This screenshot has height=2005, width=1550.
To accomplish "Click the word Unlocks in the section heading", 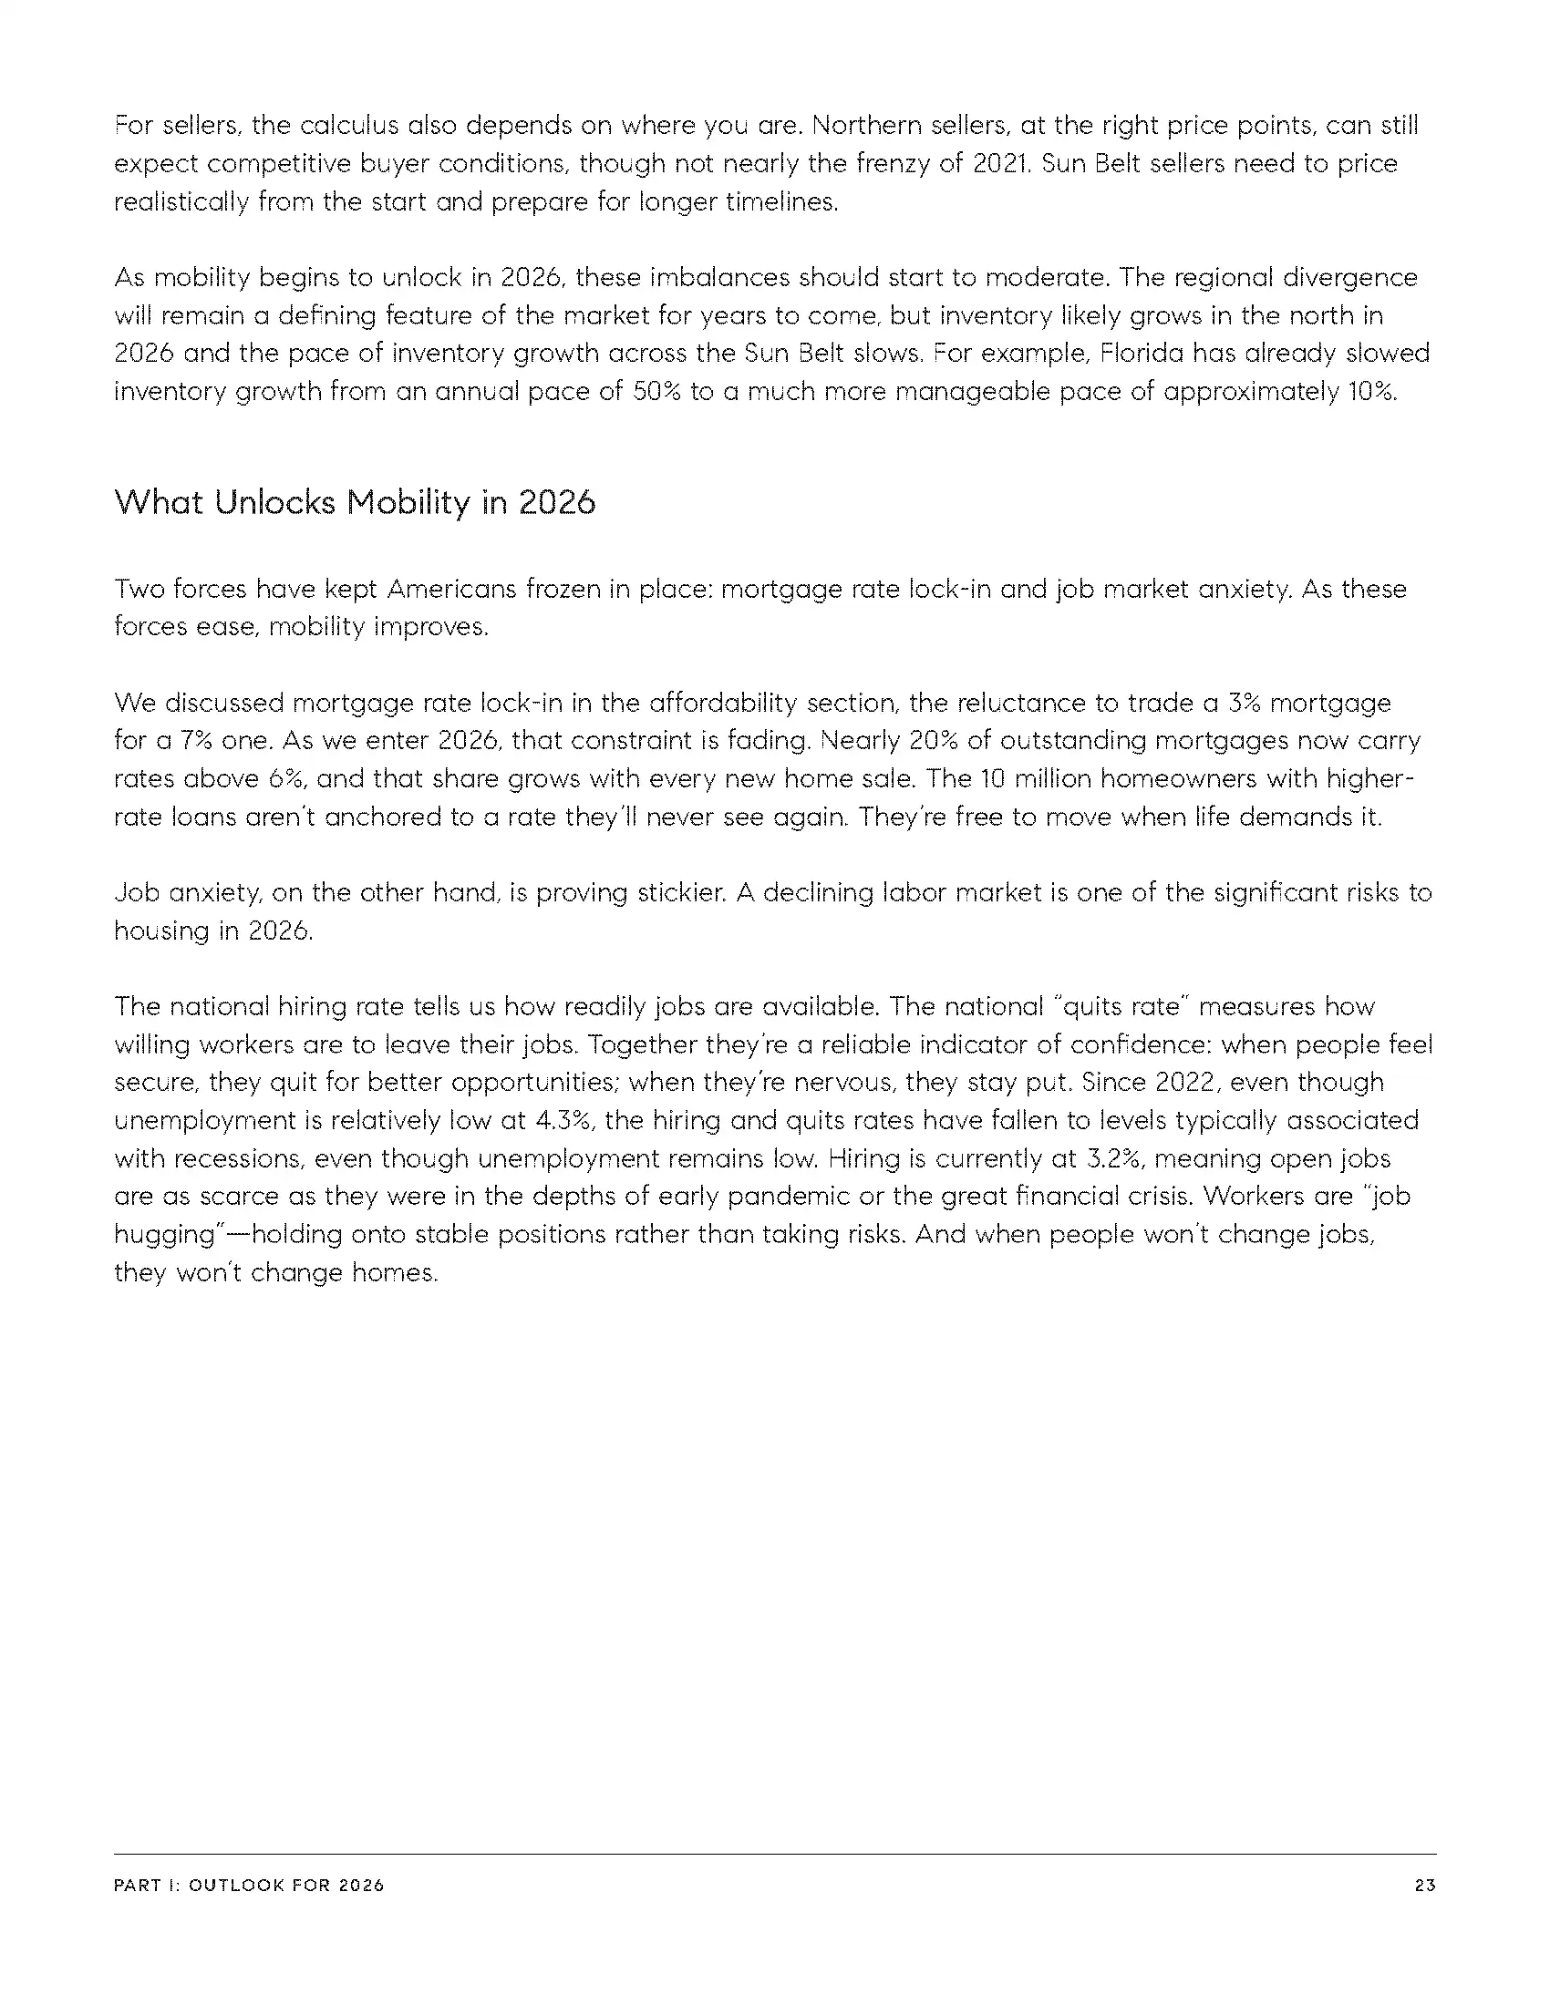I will click(274, 502).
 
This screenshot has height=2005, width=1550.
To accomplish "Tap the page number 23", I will click(1425, 1886).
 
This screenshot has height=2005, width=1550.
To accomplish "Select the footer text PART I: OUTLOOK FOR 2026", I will click(249, 1886).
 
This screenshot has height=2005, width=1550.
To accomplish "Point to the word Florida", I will click(1142, 354).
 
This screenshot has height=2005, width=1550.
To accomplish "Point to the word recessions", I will click(238, 1158).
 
